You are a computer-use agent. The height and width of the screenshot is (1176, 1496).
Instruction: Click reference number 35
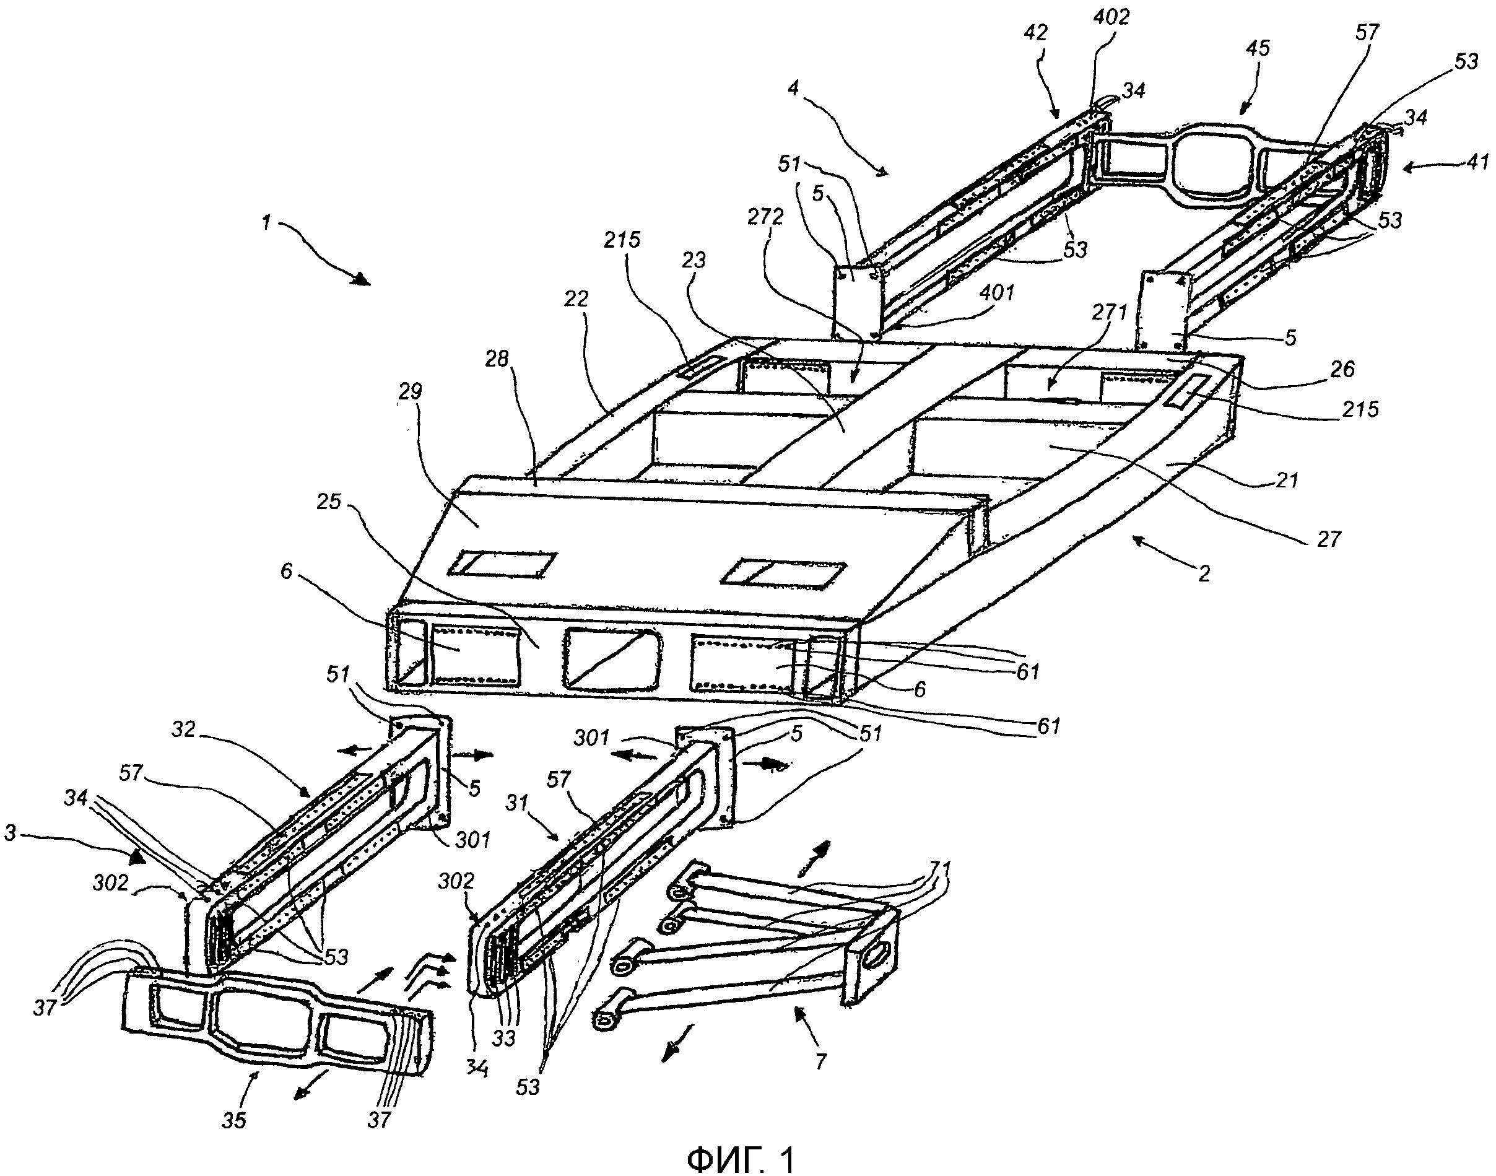tap(234, 1120)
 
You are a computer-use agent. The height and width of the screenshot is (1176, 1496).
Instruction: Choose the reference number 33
tap(505, 1038)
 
